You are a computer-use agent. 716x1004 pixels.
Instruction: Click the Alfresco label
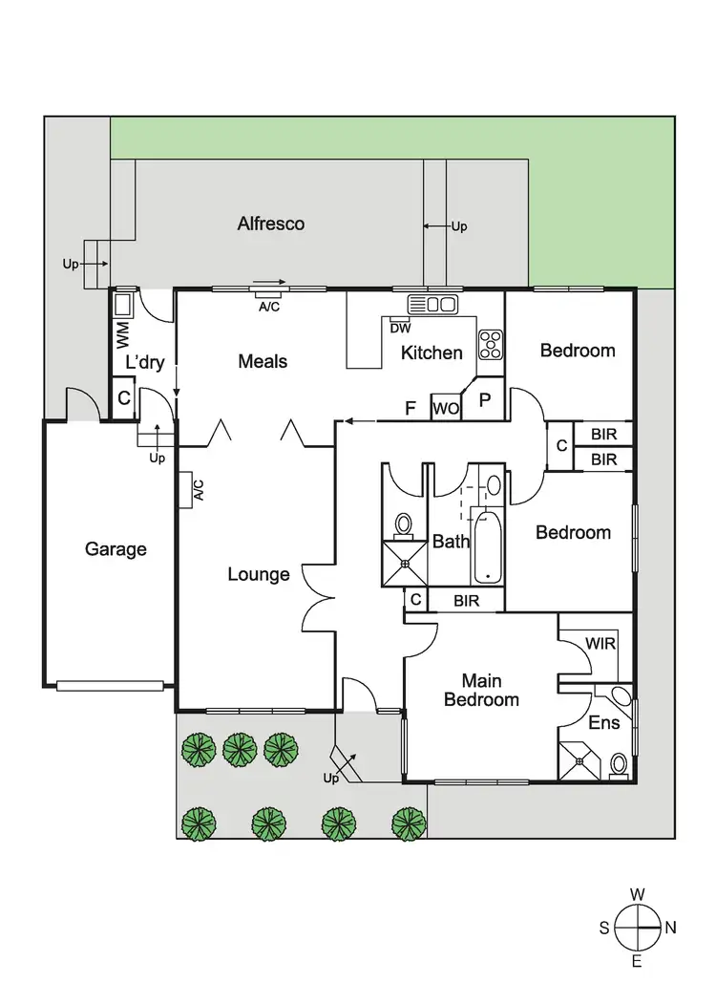pyautogui.click(x=271, y=224)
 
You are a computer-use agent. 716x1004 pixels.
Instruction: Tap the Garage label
pyautogui.click(x=116, y=549)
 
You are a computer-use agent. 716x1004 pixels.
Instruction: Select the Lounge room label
pyautogui.click(x=258, y=574)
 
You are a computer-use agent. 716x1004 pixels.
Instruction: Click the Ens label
pyautogui.click(x=603, y=723)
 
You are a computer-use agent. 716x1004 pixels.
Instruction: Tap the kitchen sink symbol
pyautogui.click(x=432, y=305)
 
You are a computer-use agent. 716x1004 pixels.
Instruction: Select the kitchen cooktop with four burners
pyautogui.click(x=491, y=344)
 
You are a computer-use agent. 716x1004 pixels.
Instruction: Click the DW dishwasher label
pyautogui.click(x=401, y=328)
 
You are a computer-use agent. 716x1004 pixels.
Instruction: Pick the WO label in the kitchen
pyautogui.click(x=446, y=409)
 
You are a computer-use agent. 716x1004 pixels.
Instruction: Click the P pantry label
pyautogui.click(x=484, y=400)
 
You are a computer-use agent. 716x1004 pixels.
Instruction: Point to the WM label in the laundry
pyautogui.click(x=122, y=333)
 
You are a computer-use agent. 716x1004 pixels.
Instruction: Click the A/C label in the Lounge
pyautogui.click(x=199, y=490)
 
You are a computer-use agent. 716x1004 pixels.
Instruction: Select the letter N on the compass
pyautogui.click(x=670, y=927)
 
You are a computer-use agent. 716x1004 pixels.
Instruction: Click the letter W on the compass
pyautogui.click(x=638, y=894)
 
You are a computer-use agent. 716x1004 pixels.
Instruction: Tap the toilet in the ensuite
pyautogui.click(x=619, y=764)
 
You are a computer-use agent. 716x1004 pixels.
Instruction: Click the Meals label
pyautogui.click(x=263, y=361)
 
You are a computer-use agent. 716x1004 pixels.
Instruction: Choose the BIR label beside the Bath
pyautogui.click(x=466, y=600)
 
